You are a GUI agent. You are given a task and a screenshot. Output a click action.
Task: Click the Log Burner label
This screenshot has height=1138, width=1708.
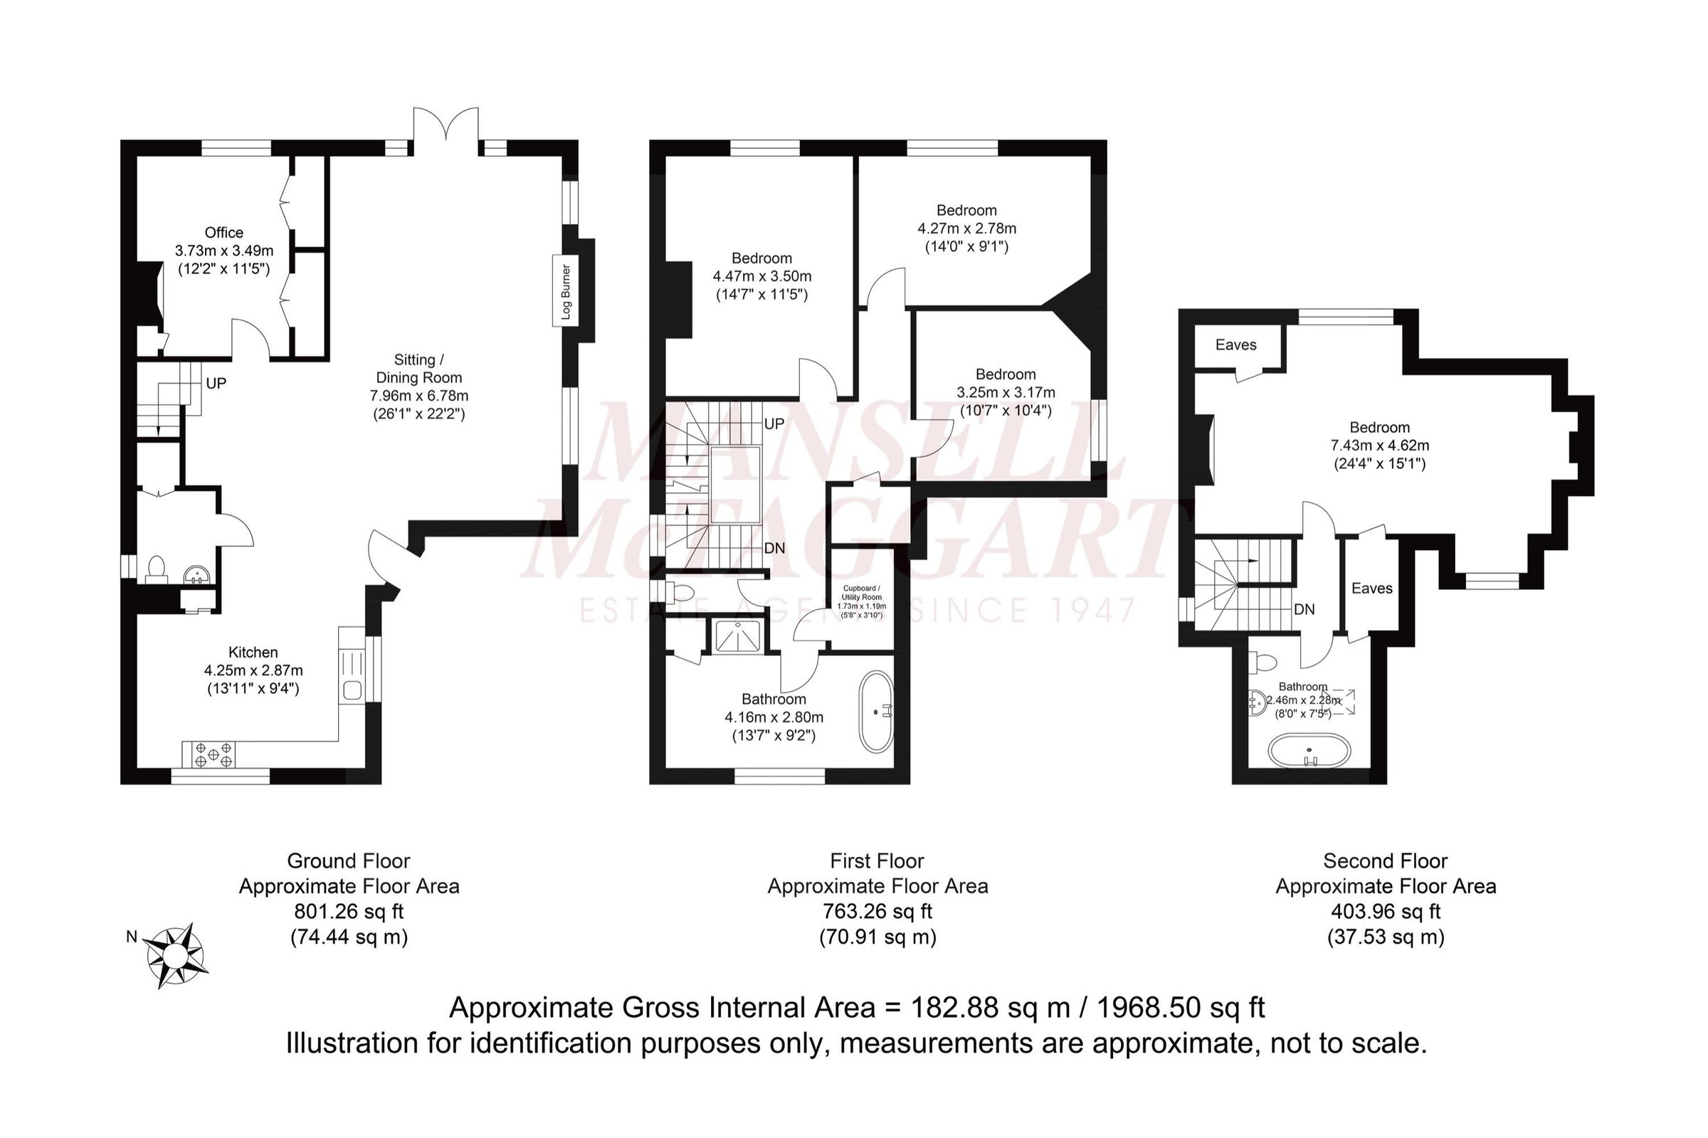566,292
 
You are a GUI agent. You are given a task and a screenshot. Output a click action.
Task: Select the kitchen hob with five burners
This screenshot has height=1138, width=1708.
213,755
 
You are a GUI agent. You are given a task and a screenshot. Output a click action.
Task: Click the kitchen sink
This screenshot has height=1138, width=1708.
352,690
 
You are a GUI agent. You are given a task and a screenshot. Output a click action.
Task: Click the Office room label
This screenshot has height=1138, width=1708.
223,233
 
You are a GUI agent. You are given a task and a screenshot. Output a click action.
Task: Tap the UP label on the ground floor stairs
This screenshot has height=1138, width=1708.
216,383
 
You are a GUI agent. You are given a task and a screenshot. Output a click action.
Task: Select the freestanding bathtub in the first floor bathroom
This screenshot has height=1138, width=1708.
877,711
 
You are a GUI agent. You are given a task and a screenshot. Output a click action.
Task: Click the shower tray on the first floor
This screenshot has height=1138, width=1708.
737,636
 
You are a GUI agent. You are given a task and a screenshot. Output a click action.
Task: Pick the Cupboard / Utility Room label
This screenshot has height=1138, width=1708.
861,592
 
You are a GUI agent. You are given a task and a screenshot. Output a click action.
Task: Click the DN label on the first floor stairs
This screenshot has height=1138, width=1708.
774,548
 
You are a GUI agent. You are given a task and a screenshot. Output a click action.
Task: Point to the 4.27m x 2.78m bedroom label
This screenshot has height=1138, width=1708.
966,228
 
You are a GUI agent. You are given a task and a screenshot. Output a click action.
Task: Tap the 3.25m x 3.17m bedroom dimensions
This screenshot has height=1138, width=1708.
1006,393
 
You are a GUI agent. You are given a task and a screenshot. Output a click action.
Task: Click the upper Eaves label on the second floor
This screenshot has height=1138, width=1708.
1235,344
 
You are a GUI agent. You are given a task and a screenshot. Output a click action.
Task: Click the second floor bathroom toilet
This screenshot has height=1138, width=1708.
1264,663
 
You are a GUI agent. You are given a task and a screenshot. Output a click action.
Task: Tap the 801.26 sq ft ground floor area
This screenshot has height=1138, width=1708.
348,911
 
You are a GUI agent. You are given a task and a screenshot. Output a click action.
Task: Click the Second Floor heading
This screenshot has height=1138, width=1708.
1384,860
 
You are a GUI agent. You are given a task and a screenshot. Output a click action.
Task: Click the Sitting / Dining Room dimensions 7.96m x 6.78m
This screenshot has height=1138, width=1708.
418,396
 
